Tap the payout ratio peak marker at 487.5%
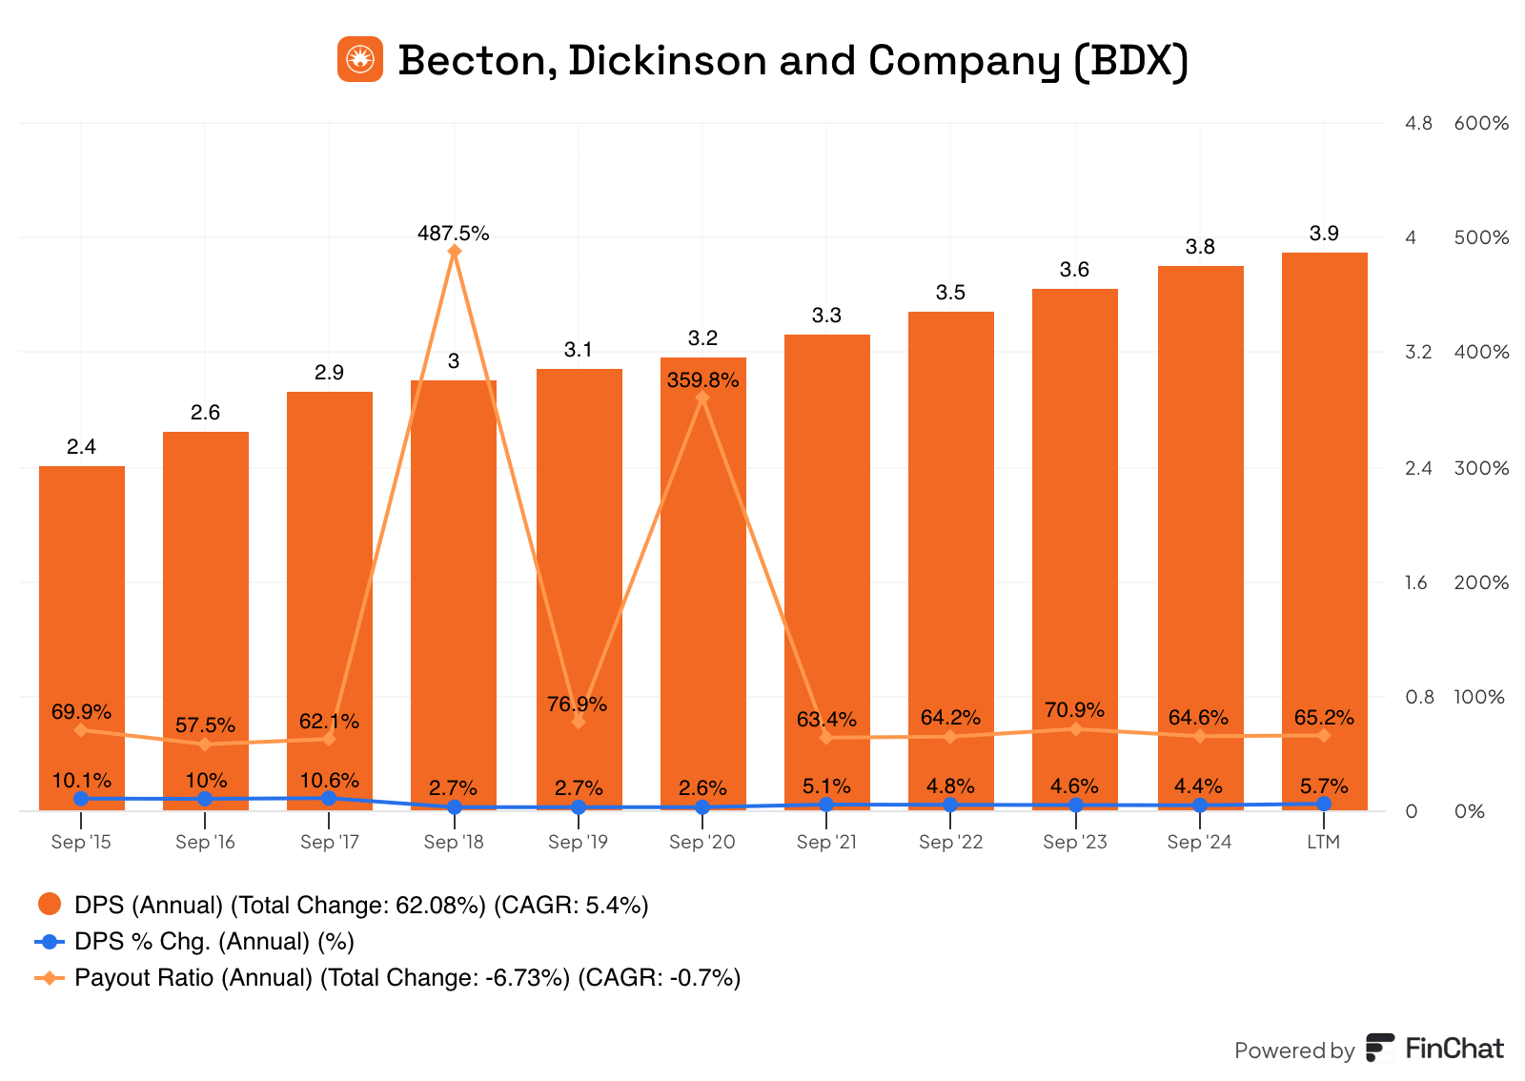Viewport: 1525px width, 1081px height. (455, 252)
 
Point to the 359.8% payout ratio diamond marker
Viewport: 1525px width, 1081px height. (702, 398)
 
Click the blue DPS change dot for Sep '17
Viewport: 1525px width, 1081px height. (329, 798)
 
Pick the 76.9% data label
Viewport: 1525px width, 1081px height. (577, 704)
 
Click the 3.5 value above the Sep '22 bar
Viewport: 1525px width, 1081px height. (950, 293)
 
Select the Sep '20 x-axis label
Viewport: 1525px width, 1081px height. (701, 842)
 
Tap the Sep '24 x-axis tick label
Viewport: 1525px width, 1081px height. (1199, 842)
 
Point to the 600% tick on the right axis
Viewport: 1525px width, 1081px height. (1481, 123)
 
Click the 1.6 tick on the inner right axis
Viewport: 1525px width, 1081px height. (1416, 582)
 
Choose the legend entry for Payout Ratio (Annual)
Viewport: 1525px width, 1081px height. (407, 978)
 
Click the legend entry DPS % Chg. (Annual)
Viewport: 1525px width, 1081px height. (213, 942)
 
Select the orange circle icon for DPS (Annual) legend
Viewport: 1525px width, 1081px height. (50, 905)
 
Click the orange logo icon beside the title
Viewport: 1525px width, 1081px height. (360, 59)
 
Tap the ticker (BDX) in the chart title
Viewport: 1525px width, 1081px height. (1130, 60)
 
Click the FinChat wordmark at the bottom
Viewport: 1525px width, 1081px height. (1454, 1050)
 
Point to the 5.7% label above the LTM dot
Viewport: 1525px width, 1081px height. (1324, 786)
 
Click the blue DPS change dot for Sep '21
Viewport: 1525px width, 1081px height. (826, 805)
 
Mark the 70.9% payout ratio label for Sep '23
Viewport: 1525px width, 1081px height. (1074, 710)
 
